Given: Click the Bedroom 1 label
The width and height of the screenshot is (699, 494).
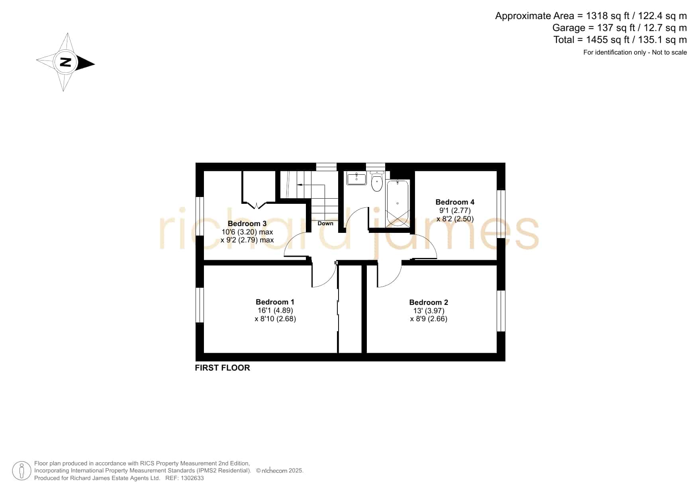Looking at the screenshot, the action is (275, 302).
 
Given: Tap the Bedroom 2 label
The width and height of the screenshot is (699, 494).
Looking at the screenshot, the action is (429, 303).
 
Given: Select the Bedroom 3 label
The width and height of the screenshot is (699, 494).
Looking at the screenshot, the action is (247, 224).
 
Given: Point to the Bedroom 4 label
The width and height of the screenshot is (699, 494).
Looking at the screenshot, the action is (455, 202).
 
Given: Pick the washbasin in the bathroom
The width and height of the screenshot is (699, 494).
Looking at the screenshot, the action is (356, 178).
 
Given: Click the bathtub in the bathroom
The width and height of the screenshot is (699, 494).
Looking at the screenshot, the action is (397, 203).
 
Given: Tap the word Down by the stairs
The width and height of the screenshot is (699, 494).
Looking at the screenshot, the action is (325, 223).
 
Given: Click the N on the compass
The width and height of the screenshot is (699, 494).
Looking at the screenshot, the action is (65, 62).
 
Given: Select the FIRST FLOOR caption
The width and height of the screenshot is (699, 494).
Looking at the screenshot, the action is (222, 368).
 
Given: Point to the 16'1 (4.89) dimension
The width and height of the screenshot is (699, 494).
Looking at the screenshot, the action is (275, 310).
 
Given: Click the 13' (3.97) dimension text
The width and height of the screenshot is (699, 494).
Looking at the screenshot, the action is (429, 311).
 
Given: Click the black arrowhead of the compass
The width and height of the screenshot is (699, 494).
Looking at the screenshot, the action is (86, 63).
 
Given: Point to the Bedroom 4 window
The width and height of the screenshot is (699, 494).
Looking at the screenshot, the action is (501, 214).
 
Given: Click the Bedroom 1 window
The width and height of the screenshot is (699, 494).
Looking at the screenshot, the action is (200, 305).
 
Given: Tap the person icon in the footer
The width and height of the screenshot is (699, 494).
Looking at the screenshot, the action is (22, 471).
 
